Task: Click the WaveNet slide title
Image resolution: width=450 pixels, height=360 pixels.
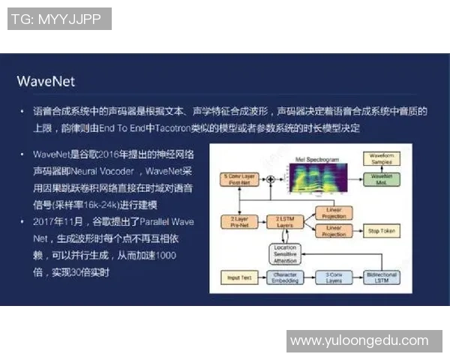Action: click(46, 80)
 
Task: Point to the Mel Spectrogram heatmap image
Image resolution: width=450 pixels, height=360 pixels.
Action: click(314, 180)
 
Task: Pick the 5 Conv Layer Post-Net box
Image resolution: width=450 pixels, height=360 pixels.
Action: click(238, 179)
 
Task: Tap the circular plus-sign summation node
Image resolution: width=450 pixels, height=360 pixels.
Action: click(268, 179)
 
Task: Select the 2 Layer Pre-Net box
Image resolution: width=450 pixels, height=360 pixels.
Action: click(238, 221)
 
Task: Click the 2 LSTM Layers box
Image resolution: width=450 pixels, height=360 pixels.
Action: click(283, 221)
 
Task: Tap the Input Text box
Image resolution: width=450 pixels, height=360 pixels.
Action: click(238, 277)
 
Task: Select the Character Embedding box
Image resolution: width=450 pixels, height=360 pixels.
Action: click(283, 277)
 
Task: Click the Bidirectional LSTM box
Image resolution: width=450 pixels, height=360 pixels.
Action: click(382, 277)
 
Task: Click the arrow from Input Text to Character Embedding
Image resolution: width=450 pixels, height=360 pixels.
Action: click(260, 277)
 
